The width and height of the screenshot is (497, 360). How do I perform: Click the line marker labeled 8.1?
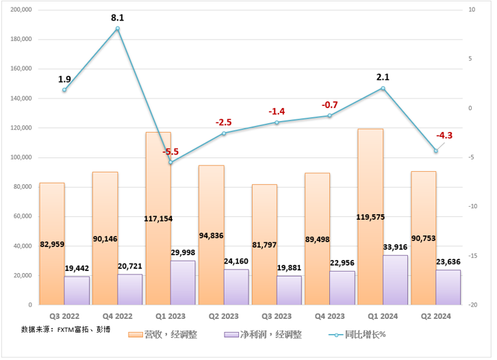(x=118, y=29)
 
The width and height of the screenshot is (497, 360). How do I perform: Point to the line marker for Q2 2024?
(x=435, y=151)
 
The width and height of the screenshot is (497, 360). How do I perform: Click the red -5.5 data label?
(x=170, y=152)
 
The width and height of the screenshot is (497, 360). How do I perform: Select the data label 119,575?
(x=370, y=217)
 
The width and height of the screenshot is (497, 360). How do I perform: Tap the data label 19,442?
(x=77, y=270)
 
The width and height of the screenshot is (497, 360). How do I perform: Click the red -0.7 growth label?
(x=329, y=105)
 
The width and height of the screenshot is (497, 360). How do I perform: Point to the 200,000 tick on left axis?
(x=23, y=10)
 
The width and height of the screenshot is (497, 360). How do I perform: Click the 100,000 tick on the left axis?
(x=23, y=157)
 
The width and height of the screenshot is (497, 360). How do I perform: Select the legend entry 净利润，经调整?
(x=264, y=335)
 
